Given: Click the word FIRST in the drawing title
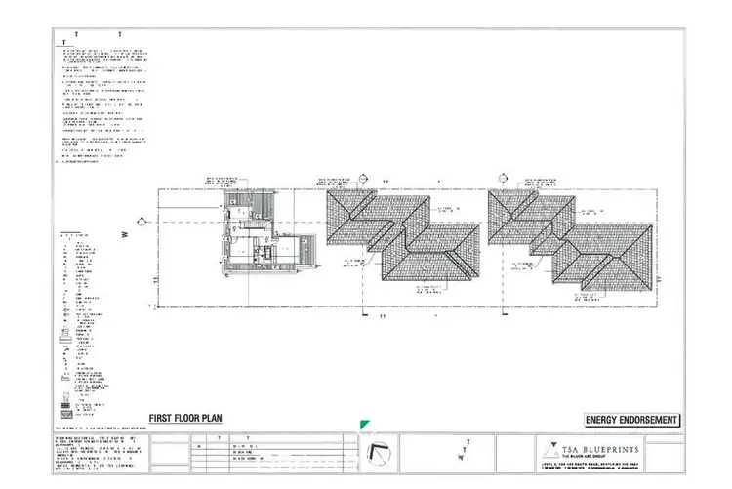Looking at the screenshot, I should coord(161,418).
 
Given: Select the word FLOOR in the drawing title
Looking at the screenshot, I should coord(188,418).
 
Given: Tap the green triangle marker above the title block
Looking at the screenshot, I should coord(364,424).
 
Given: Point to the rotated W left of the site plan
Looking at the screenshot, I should coord(126,235).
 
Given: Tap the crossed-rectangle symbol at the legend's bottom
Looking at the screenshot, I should coord(66,401).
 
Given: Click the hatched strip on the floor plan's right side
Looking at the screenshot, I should coord(307,252).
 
